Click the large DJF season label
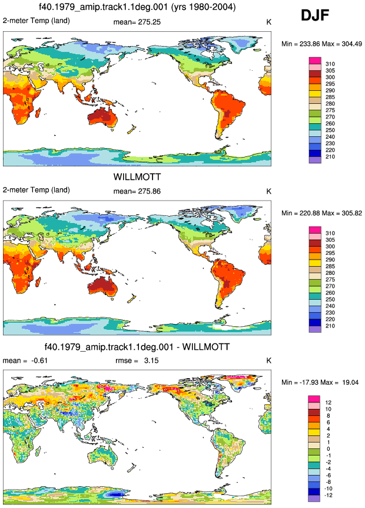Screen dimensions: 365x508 click(x=315, y=15)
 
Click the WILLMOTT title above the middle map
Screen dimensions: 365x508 click(x=137, y=177)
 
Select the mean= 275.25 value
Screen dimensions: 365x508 click(x=137, y=22)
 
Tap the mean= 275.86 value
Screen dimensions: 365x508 click(x=137, y=192)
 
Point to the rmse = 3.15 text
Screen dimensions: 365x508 click(x=137, y=360)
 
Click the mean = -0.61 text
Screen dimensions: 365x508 click(x=25, y=360)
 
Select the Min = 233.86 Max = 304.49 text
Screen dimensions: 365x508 click(x=321, y=44)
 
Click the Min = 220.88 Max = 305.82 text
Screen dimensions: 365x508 click(x=321, y=213)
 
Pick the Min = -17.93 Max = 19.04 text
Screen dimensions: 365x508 click(x=320, y=382)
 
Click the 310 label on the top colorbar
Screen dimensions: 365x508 click(x=330, y=64)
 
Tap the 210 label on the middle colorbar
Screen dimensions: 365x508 click(x=330, y=326)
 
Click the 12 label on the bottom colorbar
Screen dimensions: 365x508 click(x=328, y=403)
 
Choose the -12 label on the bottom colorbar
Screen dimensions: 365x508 click(x=328, y=496)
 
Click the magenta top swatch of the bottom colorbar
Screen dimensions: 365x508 click(x=314, y=399)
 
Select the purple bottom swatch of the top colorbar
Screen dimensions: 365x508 click(x=315, y=160)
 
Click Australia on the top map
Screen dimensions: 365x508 click(x=103, y=117)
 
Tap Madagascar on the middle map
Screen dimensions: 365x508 click(x=38, y=281)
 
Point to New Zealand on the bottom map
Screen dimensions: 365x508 click(x=131, y=467)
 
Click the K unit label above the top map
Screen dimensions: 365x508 click(x=268, y=22)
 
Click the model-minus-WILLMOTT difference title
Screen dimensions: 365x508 click(x=137, y=347)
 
